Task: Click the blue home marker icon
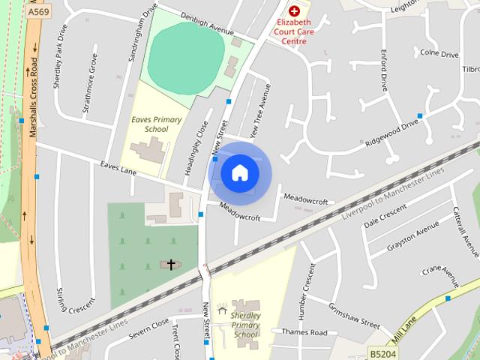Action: [x=239, y=172]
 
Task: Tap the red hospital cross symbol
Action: [x=295, y=11]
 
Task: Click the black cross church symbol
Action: [x=171, y=264]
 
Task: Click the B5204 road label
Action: [x=382, y=351]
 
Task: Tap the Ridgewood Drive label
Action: [x=391, y=132]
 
